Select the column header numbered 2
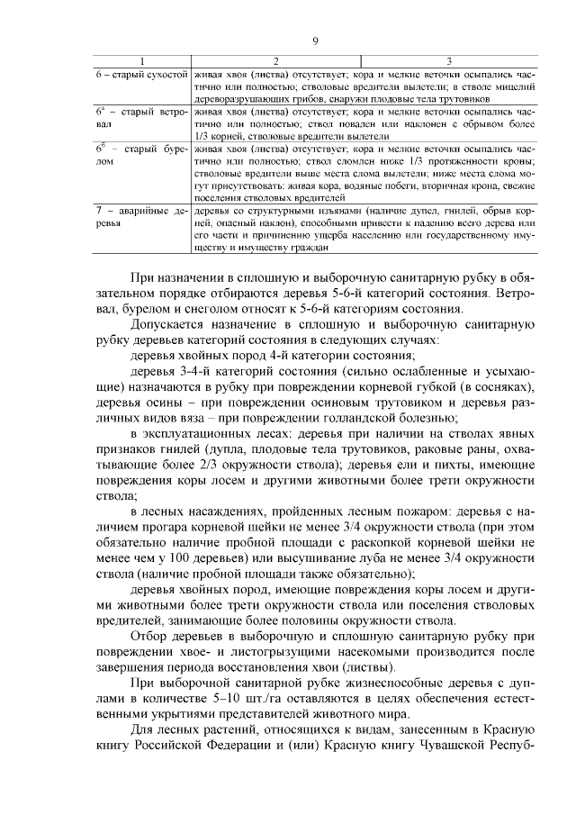pos(274,60)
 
